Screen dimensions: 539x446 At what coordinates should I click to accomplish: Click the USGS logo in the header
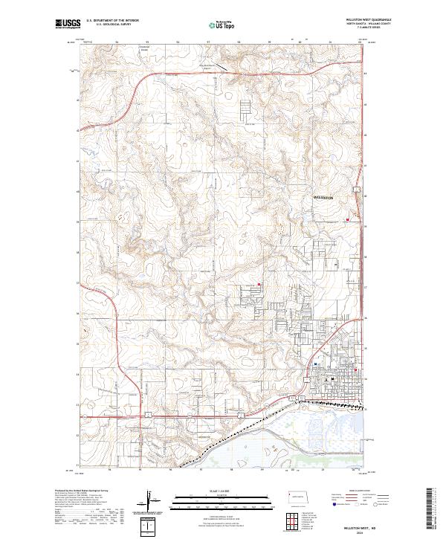[68, 25]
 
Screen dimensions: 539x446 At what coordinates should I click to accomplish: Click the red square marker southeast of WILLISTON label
[347, 220]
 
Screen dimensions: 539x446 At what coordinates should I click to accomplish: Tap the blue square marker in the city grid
[316, 364]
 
